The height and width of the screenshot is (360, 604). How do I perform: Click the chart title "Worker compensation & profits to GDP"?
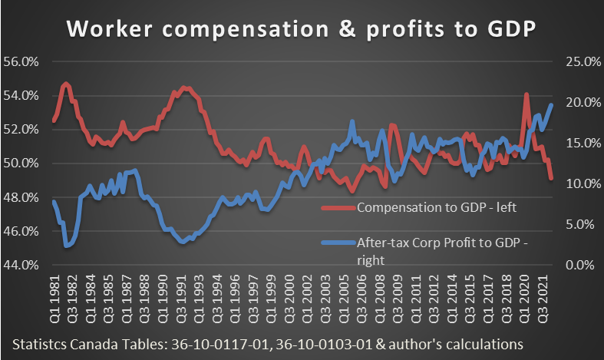click(x=302, y=28)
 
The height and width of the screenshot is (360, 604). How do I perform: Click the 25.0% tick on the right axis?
click(x=579, y=62)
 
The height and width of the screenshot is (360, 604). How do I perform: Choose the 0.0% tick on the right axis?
click(x=582, y=265)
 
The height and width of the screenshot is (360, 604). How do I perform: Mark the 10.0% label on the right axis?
click(x=579, y=184)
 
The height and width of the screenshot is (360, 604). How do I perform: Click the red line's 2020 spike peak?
click(x=526, y=94)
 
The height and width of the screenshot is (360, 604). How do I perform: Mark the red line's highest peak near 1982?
click(x=66, y=83)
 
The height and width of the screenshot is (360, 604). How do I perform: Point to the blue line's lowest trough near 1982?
click(x=68, y=246)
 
